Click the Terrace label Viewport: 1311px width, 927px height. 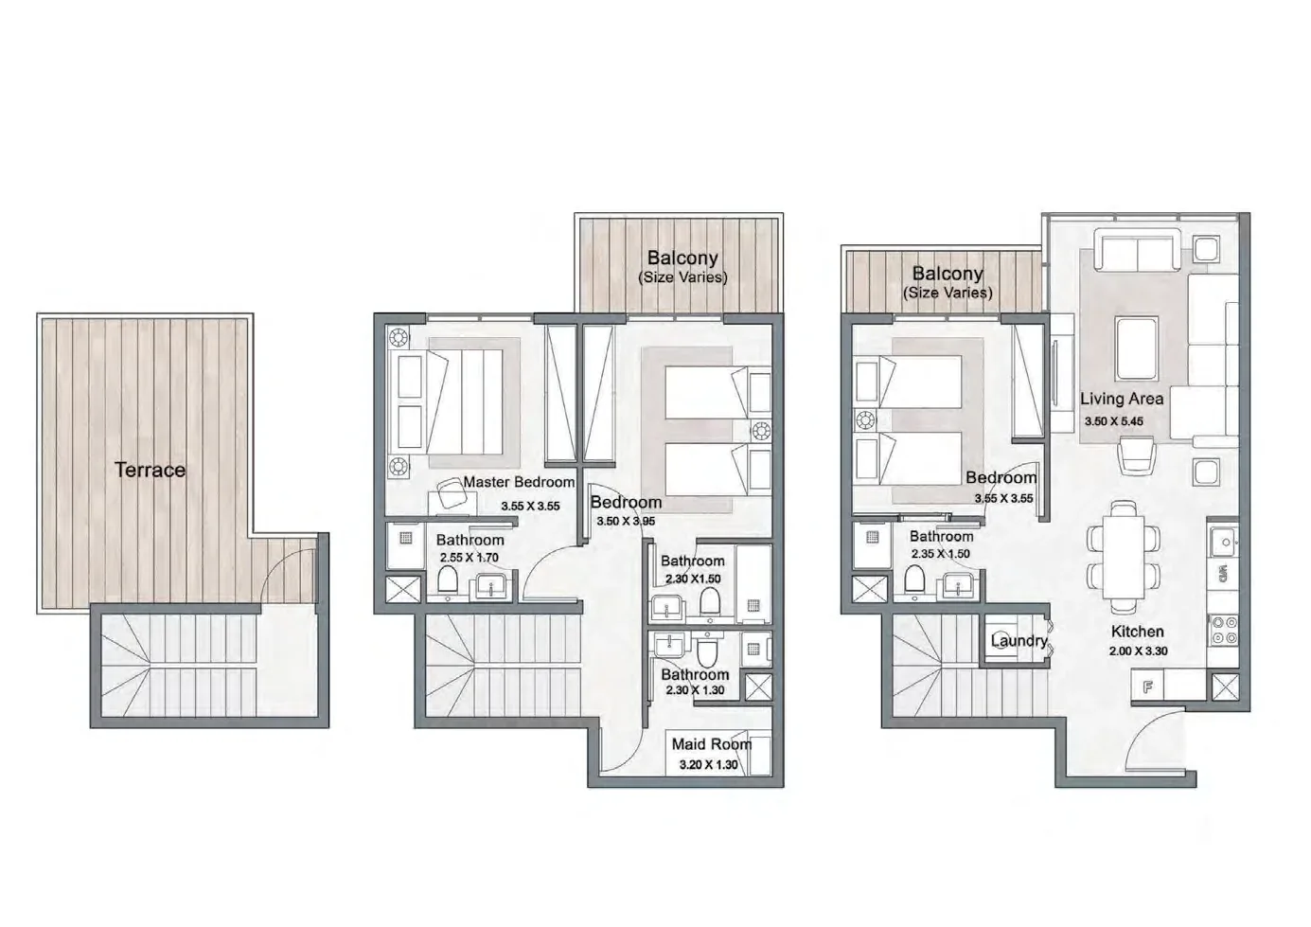(150, 470)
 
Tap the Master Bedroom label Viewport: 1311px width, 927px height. (519, 482)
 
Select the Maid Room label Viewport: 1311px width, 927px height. (711, 744)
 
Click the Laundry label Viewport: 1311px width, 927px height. (1019, 641)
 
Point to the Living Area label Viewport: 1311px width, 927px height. (1122, 399)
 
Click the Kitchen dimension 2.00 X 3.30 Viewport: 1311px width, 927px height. (1138, 651)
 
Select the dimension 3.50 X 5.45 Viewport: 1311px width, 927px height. (1113, 421)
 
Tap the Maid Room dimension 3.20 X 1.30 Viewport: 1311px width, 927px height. (708, 764)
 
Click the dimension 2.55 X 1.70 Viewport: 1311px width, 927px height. (469, 557)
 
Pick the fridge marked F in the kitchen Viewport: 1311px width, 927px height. (1147, 686)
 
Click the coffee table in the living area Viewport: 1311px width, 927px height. (1137, 349)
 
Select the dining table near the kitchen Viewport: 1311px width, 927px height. (1124, 557)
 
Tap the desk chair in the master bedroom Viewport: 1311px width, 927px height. (452, 492)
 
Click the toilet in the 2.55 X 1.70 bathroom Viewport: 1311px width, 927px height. (448, 579)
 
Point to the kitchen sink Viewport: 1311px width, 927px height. (1222, 542)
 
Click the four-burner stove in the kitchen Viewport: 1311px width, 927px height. (1223, 630)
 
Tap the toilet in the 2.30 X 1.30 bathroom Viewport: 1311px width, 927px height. (707, 651)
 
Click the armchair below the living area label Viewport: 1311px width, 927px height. (1137, 456)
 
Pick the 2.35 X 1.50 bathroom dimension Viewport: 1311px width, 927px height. (940, 553)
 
